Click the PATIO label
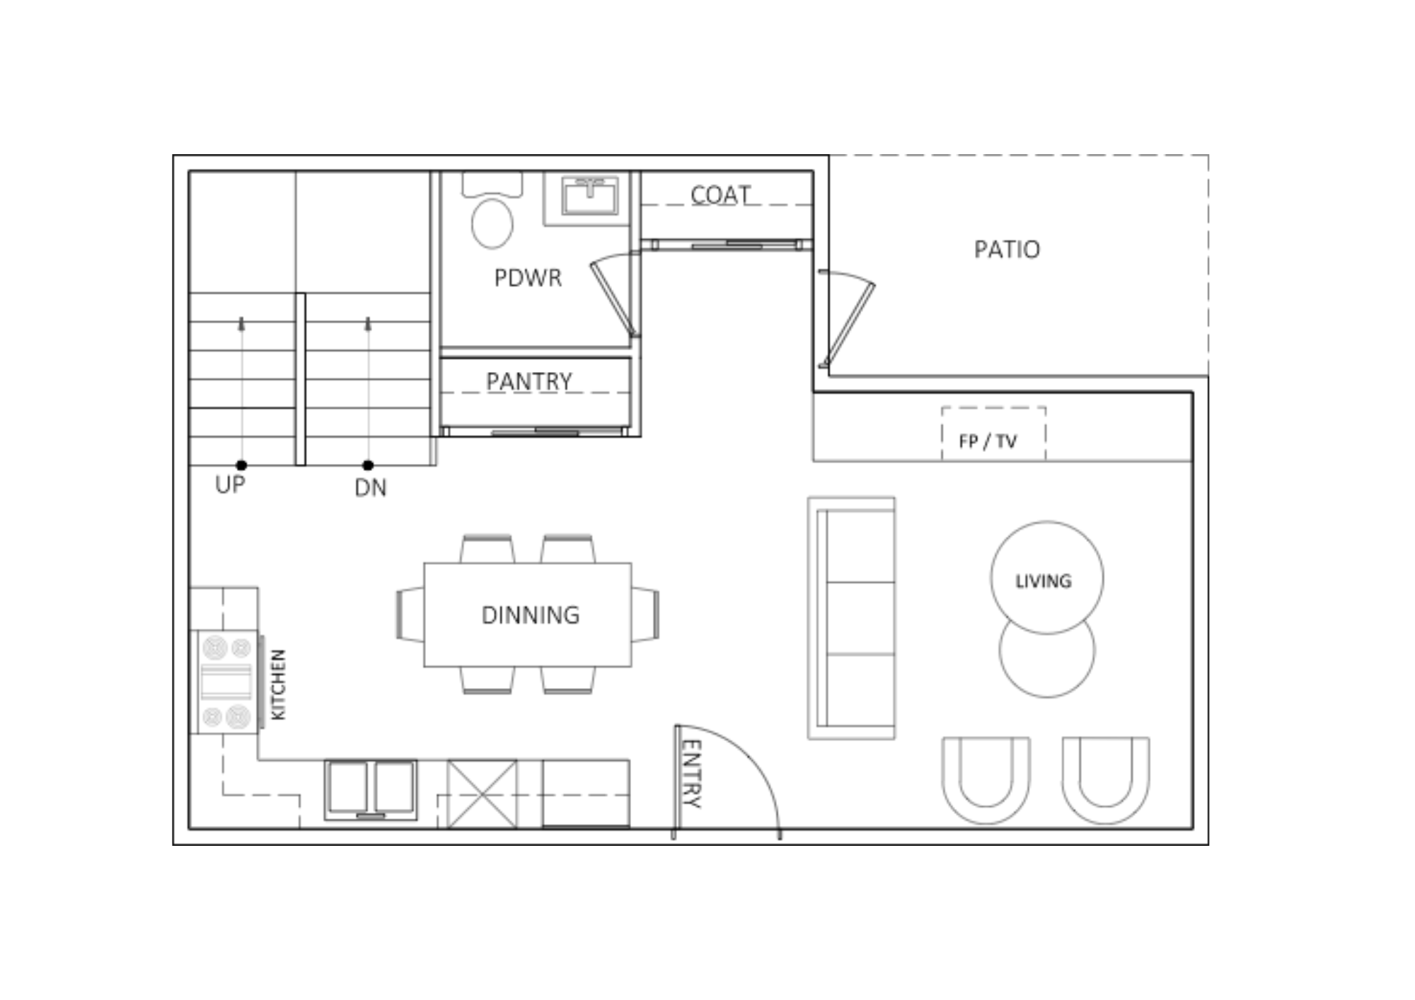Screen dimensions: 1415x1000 (x=1007, y=250)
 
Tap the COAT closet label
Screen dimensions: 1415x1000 (x=720, y=195)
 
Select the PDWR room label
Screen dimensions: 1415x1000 (x=528, y=278)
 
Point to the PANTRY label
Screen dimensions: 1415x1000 (x=529, y=382)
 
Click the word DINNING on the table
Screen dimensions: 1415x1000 (x=530, y=615)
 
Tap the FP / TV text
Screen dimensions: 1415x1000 (x=988, y=441)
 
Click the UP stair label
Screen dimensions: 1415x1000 (x=230, y=485)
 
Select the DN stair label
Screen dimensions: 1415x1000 (x=371, y=488)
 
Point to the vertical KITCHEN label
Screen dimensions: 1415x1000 (x=278, y=685)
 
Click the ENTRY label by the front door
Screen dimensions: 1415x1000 (x=691, y=774)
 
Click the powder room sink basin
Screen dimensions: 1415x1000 (x=589, y=195)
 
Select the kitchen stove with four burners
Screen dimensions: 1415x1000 (x=226, y=682)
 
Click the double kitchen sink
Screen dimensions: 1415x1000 (x=371, y=790)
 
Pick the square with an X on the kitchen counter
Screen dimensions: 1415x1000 (x=482, y=793)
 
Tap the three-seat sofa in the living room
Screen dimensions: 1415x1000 (x=851, y=618)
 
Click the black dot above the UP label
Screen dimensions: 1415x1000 (x=241, y=465)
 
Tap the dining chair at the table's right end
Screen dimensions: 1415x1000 (x=645, y=615)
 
